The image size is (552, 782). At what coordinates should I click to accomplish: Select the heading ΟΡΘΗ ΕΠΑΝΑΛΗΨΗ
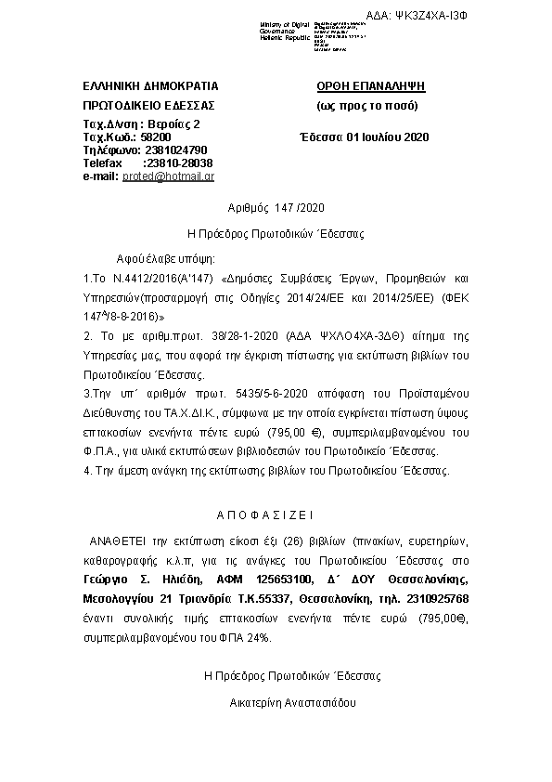pos(370,85)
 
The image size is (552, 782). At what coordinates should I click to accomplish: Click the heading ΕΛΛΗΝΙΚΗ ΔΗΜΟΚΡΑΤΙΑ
pos(150,85)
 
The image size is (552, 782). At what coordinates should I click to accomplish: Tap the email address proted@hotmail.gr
pos(169,176)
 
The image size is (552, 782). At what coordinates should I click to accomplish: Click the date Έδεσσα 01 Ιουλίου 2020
pos(366,137)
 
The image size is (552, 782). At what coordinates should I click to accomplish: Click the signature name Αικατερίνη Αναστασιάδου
pos(293,703)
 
